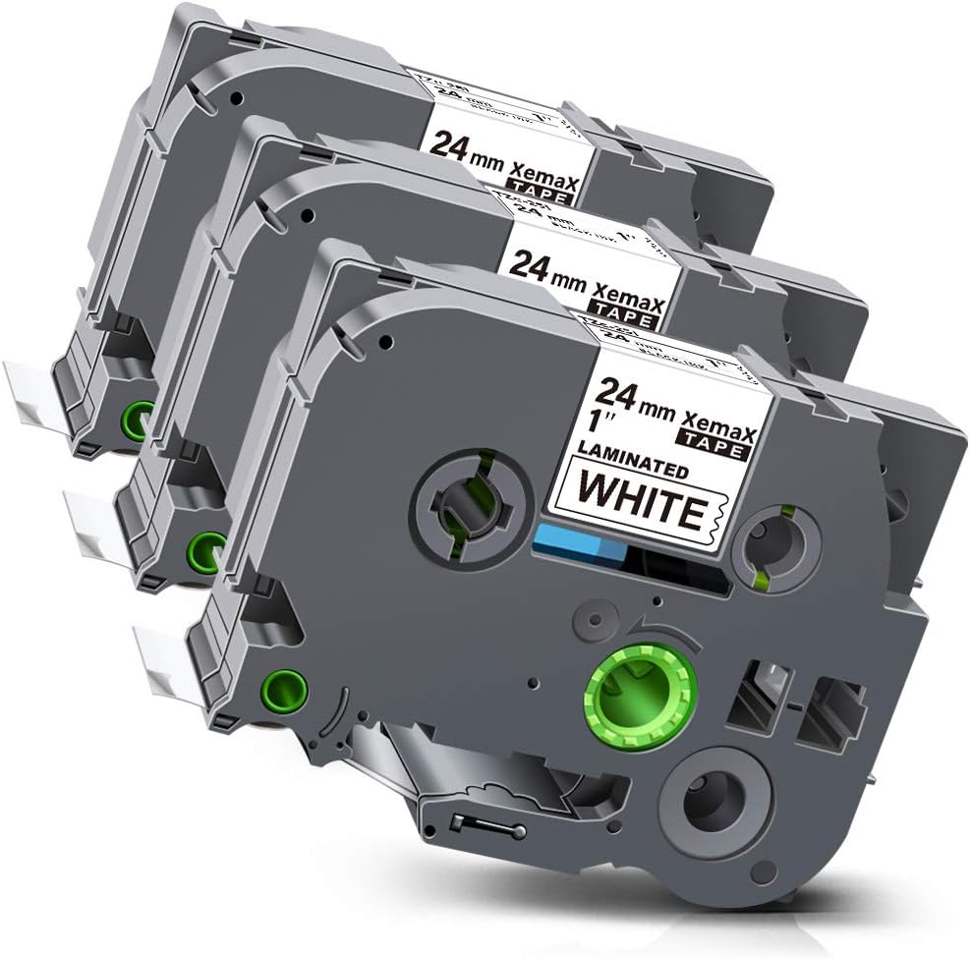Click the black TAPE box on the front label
pos(716,447)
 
